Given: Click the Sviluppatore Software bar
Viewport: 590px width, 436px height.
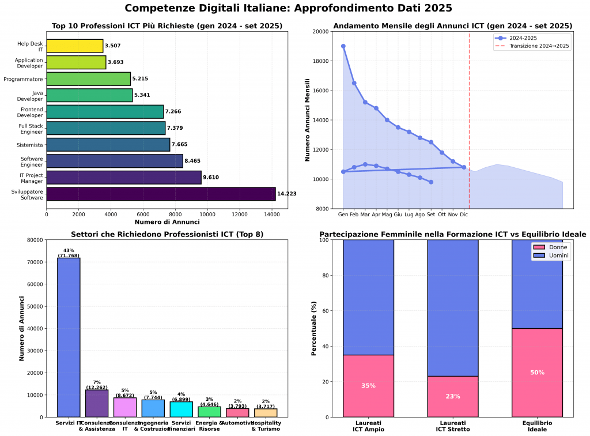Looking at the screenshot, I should (x=161, y=194).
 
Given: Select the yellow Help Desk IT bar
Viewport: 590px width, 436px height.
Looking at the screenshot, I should (x=74, y=46).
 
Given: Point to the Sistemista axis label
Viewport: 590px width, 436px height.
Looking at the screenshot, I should (x=29, y=144).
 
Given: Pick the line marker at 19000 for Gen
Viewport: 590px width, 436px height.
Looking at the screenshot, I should (x=343, y=46).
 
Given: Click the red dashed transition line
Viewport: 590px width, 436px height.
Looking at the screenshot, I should (x=470, y=115).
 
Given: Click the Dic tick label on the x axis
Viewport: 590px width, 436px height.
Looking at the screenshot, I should (x=464, y=215).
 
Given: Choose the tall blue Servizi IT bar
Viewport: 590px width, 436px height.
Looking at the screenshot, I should (x=69, y=337).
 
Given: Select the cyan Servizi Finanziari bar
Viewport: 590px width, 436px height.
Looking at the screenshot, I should (x=181, y=409).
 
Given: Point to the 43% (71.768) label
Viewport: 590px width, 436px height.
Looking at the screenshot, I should (x=69, y=253).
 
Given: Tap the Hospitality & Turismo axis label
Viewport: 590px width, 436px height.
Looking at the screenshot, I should (x=265, y=426).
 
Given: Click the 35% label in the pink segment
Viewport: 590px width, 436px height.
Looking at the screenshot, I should (x=368, y=386).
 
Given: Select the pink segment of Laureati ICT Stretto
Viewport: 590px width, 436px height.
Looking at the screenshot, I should (x=453, y=397).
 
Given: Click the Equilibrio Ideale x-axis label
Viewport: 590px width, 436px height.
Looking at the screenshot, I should (x=537, y=426).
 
